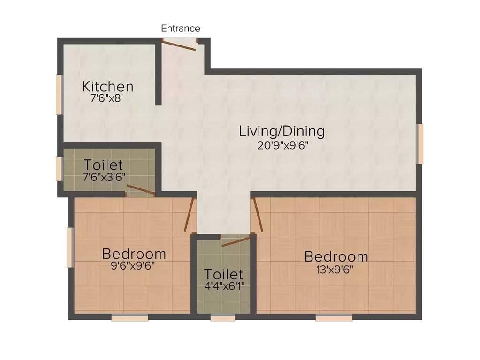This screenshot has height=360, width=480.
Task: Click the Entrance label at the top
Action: click(181, 29)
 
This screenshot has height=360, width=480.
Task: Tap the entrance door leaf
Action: click(179, 44)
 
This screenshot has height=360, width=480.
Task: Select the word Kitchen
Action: click(107, 87)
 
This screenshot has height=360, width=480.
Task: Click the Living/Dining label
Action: click(282, 131)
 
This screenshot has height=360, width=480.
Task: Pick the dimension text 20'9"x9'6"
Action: click(282, 145)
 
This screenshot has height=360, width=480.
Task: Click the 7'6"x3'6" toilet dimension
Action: click(103, 177)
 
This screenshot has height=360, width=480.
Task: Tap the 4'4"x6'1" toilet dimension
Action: click(223, 285)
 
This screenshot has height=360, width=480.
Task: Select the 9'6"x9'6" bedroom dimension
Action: click(134, 265)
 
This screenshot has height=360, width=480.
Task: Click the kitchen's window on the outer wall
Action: click(59, 94)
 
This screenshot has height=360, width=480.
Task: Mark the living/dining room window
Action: click(420, 143)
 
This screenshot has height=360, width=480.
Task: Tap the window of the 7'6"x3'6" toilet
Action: click(59, 169)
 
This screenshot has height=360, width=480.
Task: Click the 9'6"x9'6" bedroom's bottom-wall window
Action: click(130, 318)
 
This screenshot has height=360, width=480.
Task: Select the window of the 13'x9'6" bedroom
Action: click(334, 318)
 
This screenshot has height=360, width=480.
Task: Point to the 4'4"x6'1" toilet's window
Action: click(223, 318)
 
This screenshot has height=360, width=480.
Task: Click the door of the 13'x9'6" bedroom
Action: click(257, 215)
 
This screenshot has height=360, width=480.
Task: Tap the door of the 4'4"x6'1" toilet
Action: click(236, 241)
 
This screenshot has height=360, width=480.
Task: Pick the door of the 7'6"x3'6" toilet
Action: click(141, 190)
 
